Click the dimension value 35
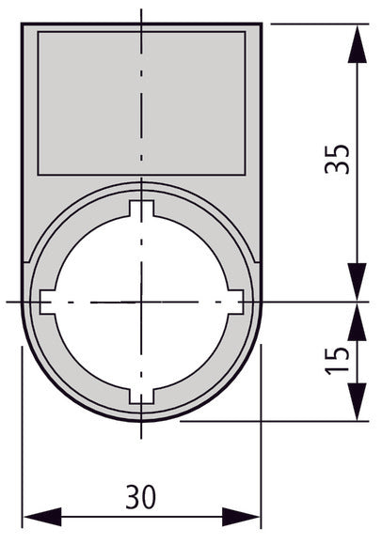341,160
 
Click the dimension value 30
141,495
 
